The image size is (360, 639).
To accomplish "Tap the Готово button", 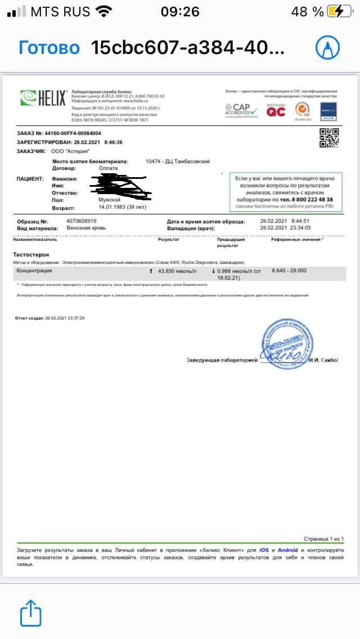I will point(49,48).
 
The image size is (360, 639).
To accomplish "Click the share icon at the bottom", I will point(31,613).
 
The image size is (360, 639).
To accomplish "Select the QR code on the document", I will point(329,138).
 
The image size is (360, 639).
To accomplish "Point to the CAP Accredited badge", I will point(241,110).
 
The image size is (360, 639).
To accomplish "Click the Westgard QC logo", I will point(276,110).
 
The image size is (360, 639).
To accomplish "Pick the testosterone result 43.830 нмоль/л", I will point(177,271).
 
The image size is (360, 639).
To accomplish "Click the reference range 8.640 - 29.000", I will point(289,271).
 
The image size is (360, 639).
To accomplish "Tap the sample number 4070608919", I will point(81,221).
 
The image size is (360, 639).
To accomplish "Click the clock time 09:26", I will point(180,11).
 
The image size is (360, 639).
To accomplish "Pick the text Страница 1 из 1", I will point(323,538).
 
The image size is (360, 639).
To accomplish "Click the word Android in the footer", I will point(288,550).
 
